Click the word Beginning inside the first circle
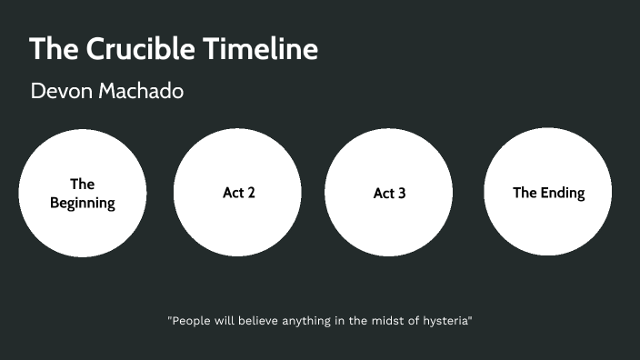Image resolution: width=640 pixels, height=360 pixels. [x=82, y=203]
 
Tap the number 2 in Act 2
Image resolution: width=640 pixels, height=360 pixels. [x=250, y=193]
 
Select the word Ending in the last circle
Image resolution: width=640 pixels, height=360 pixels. [x=564, y=193]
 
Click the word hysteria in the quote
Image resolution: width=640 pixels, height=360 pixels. [x=445, y=321]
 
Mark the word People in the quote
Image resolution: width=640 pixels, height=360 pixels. [x=192, y=321]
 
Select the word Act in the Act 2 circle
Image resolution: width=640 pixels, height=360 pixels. [x=231, y=193]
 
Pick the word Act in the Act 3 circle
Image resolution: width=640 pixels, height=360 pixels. [x=382, y=194]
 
